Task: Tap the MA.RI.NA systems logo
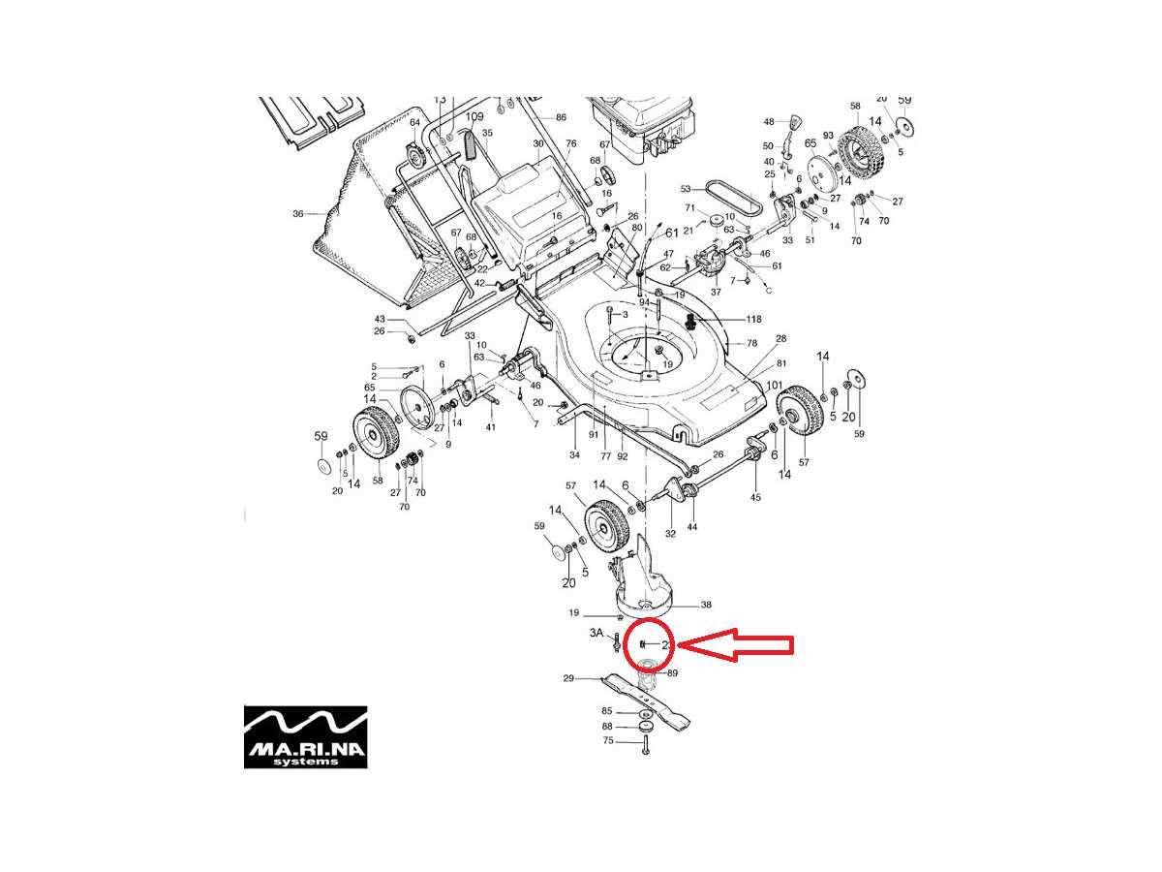(305, 736)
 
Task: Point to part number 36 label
(298, 213)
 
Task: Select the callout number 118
(753, 319)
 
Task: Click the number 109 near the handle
(474, 117)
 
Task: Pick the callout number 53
(686, 189)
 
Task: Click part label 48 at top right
(769, 122)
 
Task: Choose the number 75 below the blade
(608, 741)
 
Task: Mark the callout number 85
(608, 711)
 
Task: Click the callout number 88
(608, 726)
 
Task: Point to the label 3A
(597, 633)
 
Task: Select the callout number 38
(706, 605)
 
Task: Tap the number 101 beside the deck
(774, 386)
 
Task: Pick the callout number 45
(755, 497)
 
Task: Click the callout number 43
(380, 320)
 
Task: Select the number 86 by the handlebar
(561, 117)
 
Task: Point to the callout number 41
(490, 427)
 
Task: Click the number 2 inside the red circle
(665, 644)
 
